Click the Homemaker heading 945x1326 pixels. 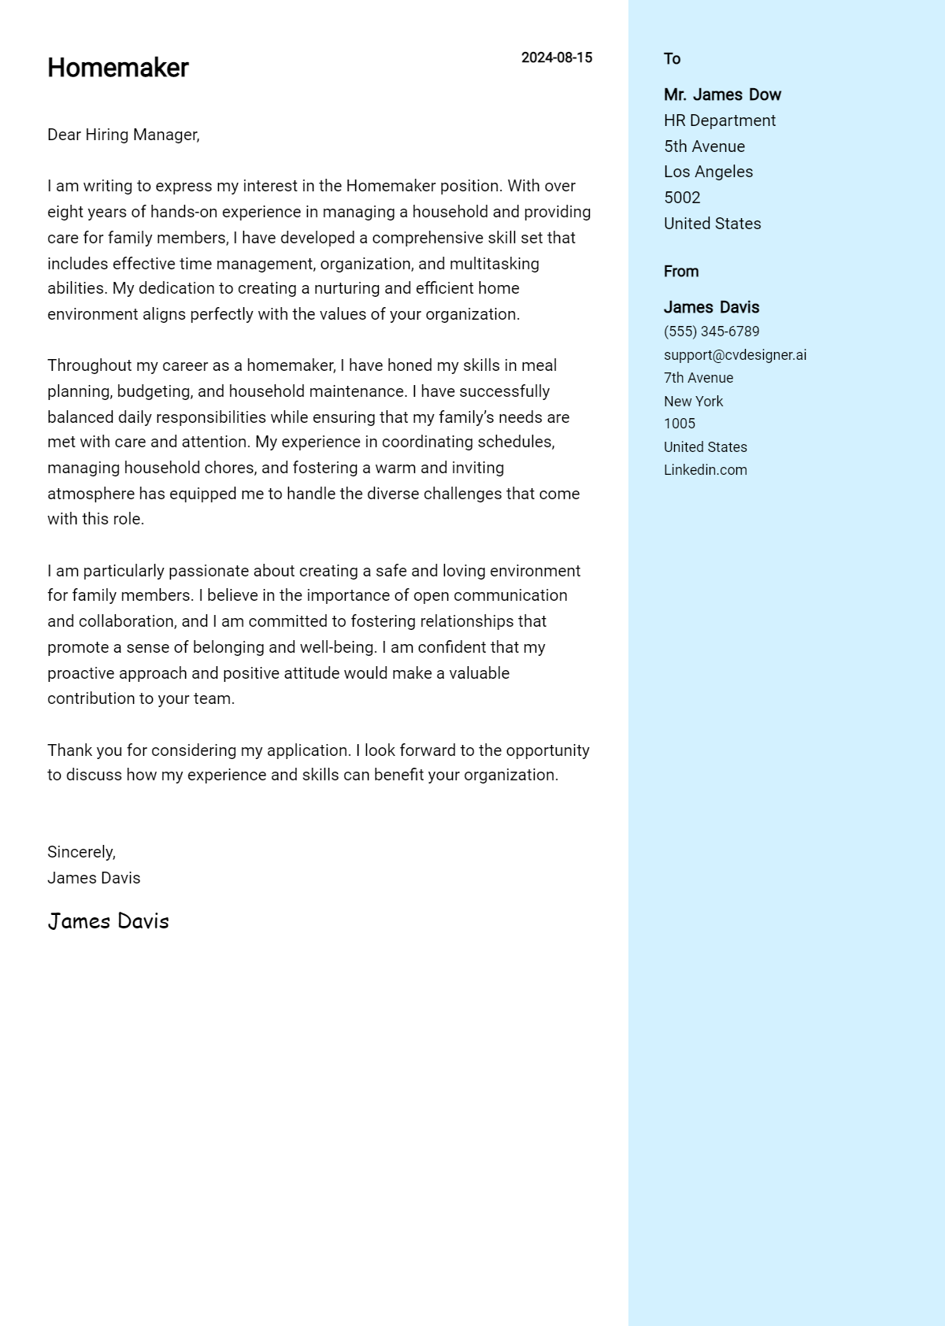tap(118, 69)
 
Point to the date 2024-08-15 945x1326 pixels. tap(557, 57)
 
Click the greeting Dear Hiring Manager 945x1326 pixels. tap(124, 135)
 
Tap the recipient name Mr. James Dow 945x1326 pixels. tap(722, 94)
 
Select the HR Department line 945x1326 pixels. tap(720, 120)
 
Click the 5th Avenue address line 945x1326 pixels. tap(704, 146)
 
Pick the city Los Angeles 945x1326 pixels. tap(708, 172)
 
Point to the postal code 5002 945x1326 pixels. tap(682, 198)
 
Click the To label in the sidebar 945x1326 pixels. tap(672, 59)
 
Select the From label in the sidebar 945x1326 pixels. tap(681, 272)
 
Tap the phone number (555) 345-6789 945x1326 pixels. tap(711, 331)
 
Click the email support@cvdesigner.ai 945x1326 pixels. tap(735, 355)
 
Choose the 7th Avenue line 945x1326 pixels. tap(699, 378)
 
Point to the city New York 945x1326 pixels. tap(693, 402)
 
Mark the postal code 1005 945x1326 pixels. tap(680, 424)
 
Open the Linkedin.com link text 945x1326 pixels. tap(705, 470)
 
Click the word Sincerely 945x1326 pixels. tap(81, 852)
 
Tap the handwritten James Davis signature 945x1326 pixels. tap(109, 921)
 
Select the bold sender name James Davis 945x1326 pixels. tap(711, 307)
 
